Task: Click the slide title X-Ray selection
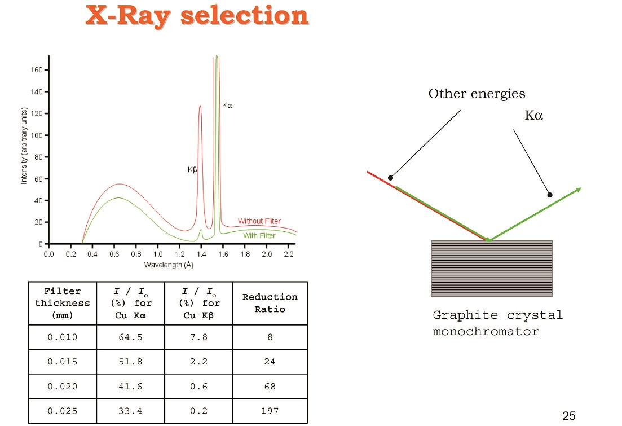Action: coord(197,16)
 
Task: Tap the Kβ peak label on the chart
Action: coord(192,169)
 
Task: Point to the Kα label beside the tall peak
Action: coord(227,105)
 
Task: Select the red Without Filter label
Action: coord(259,221)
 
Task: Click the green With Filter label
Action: coord(259,235)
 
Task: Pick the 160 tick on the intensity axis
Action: coord(37,70)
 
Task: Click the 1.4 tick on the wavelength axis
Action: coord(201,254)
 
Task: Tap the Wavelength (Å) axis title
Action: coord(169,265)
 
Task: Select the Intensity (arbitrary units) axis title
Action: coord(24,146)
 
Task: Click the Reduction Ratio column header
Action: coord(270,303)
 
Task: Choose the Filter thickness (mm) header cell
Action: coord(62,303)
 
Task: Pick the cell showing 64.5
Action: coord(130,337)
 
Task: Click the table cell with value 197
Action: coord(270,411)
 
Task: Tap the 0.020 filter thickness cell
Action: coord(62,387)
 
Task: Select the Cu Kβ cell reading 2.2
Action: coord(198,362)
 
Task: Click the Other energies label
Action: coord(477,94)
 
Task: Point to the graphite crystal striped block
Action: coord(492,269)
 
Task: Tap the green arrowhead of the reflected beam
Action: coord(579,190)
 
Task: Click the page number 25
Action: coord(569,416)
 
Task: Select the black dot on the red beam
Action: coord(390,178)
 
